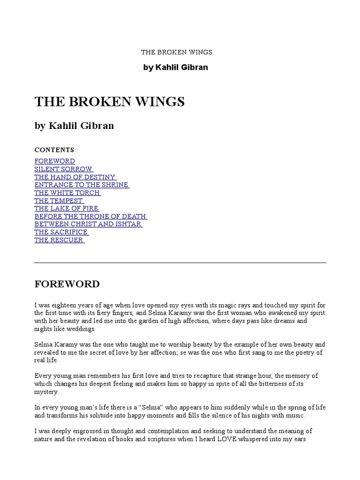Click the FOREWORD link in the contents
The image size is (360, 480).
point(54,161)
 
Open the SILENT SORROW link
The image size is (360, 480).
point(63,169)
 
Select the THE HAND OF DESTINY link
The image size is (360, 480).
point(75,177)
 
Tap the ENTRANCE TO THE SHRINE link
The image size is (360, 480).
point(82,185)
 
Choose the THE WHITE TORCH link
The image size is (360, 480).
point(67,193)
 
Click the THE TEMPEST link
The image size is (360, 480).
point(59,201)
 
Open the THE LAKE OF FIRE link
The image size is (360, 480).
point(67,209)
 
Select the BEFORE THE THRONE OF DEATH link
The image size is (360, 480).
point(90,217)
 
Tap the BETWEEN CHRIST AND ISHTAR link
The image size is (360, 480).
point(88,225)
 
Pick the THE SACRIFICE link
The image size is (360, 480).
point(61,232)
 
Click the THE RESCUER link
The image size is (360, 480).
point(59,240)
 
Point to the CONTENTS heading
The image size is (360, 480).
point(54,150)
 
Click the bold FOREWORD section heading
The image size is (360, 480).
point(67,284)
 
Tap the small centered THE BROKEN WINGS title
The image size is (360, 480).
point(177,52)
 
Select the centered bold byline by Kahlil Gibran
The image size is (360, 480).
point(175,67)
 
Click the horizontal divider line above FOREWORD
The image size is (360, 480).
point(180,262)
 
